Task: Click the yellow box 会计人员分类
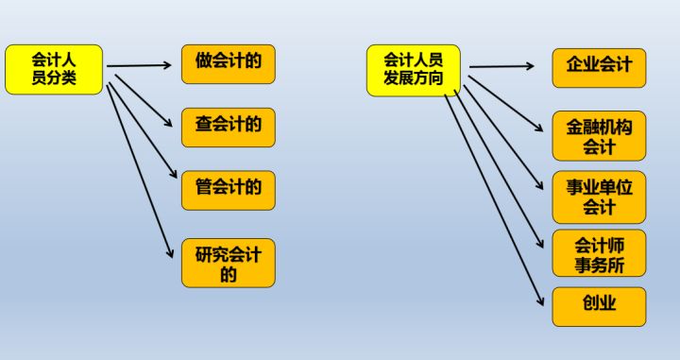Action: [53, 69]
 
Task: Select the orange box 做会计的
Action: [229, 63]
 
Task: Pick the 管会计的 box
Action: [229, 189]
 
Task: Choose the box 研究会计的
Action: [229, 264]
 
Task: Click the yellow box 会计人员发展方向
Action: [413, 69]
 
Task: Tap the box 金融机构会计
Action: [599, 136]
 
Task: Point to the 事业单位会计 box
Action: [599, 196]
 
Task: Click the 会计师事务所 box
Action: [599, 252]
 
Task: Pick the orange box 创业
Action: [599, 306]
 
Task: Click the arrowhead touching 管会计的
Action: [173, 177]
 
